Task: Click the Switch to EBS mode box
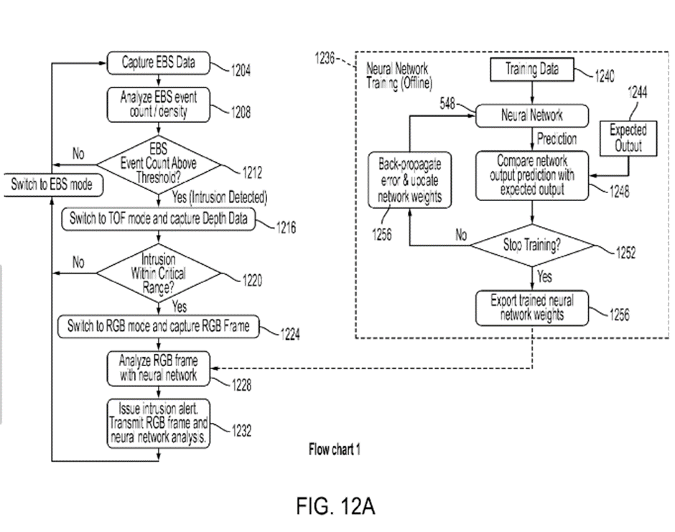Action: (51, 185)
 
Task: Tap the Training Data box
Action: (532, 70)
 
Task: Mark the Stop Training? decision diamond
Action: (532, 246)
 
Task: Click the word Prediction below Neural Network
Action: (557, 139)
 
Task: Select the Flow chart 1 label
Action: (334, 450)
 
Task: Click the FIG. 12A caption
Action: (335, 505)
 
